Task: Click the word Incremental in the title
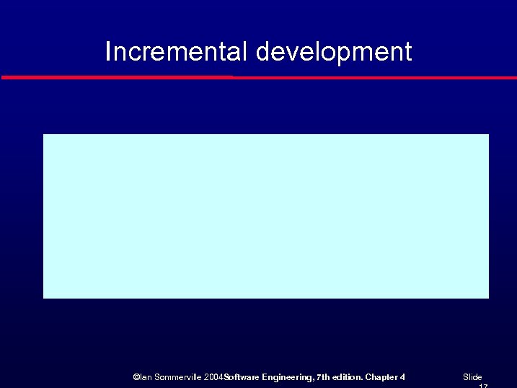point(177,52)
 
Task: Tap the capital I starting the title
point(108,52)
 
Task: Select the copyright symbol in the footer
point(136,377)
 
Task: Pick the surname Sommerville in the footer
point(177,377)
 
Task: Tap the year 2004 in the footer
point(214,377)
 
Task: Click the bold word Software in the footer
point(242,377)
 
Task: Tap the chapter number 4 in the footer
point(402,377)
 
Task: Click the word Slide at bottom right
point(472,377)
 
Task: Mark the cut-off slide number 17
point(483,386)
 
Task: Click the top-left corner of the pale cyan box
point(45,135)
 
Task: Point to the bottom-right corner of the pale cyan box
point(487,296)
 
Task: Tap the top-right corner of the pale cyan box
point(487,135)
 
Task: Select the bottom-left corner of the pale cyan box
point(45,296)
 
